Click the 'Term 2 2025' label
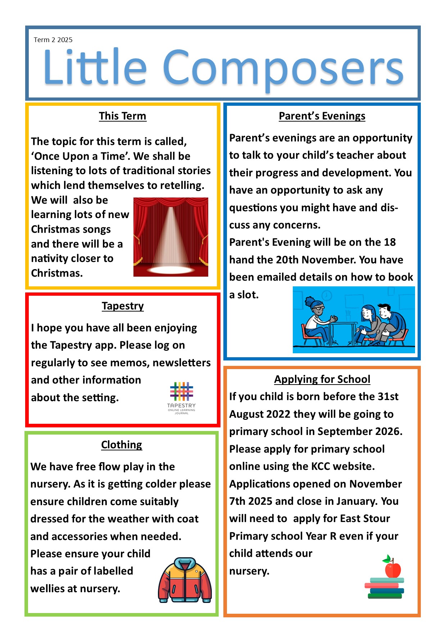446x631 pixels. pos(53,40)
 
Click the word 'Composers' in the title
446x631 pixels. pos(283,68)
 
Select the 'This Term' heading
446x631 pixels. pos(123,116)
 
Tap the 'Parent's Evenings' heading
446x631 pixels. pos(322,116)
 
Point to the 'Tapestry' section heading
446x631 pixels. pos(123,306)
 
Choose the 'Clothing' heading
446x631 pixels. pos(122,445)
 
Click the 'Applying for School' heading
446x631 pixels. pos(322,379)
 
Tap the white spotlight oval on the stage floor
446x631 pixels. pos(170,269)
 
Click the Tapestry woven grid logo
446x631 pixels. pos(181,391)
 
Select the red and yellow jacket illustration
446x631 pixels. pos(185,580)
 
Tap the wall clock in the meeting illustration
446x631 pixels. pos(327,296)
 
